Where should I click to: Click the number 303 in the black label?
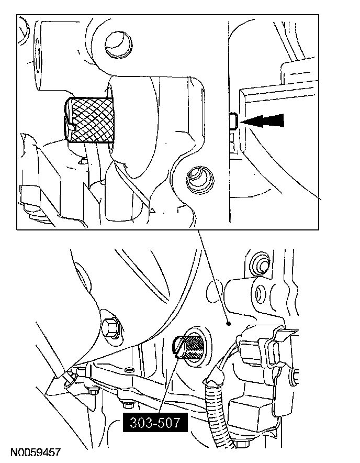(x=140, y=422)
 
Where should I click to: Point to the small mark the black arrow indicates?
(x=234, y=121)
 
